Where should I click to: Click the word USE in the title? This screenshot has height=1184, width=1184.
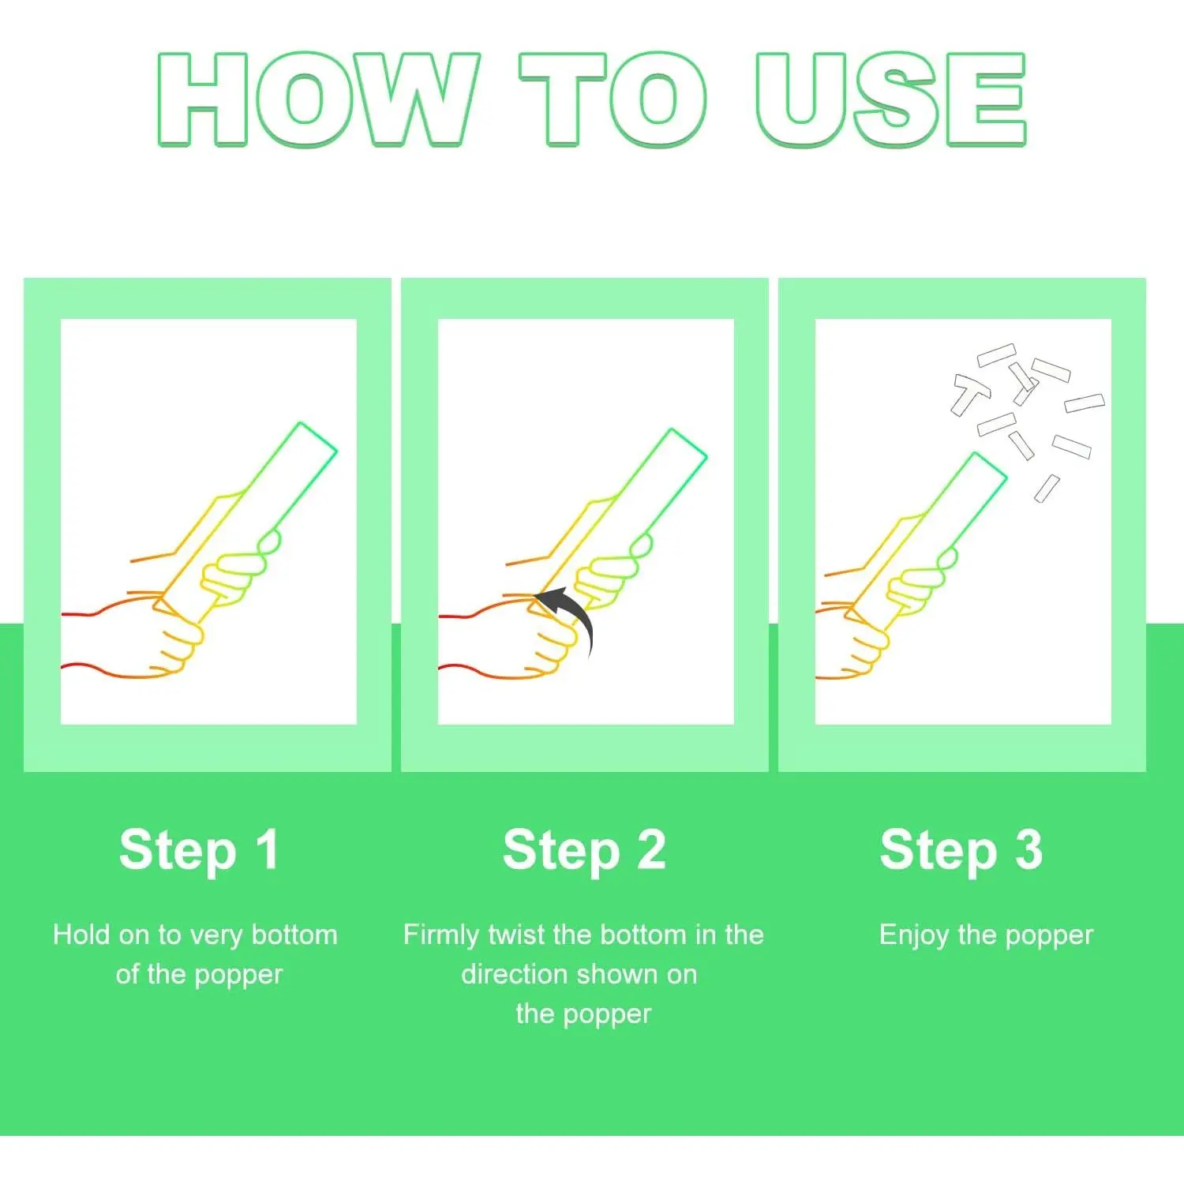click(890, 99)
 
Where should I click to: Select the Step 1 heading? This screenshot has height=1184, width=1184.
click(199, 851)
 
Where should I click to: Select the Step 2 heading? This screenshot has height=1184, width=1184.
click(584, 851)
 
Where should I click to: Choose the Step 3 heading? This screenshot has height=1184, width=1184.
click(961, 851)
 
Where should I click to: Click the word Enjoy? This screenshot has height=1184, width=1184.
click(914, 936)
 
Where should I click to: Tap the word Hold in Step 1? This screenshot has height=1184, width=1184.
click(81, 935)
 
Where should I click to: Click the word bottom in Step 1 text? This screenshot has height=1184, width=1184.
click(294, 935)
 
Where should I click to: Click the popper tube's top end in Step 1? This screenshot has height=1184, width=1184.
click(318, 437)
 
